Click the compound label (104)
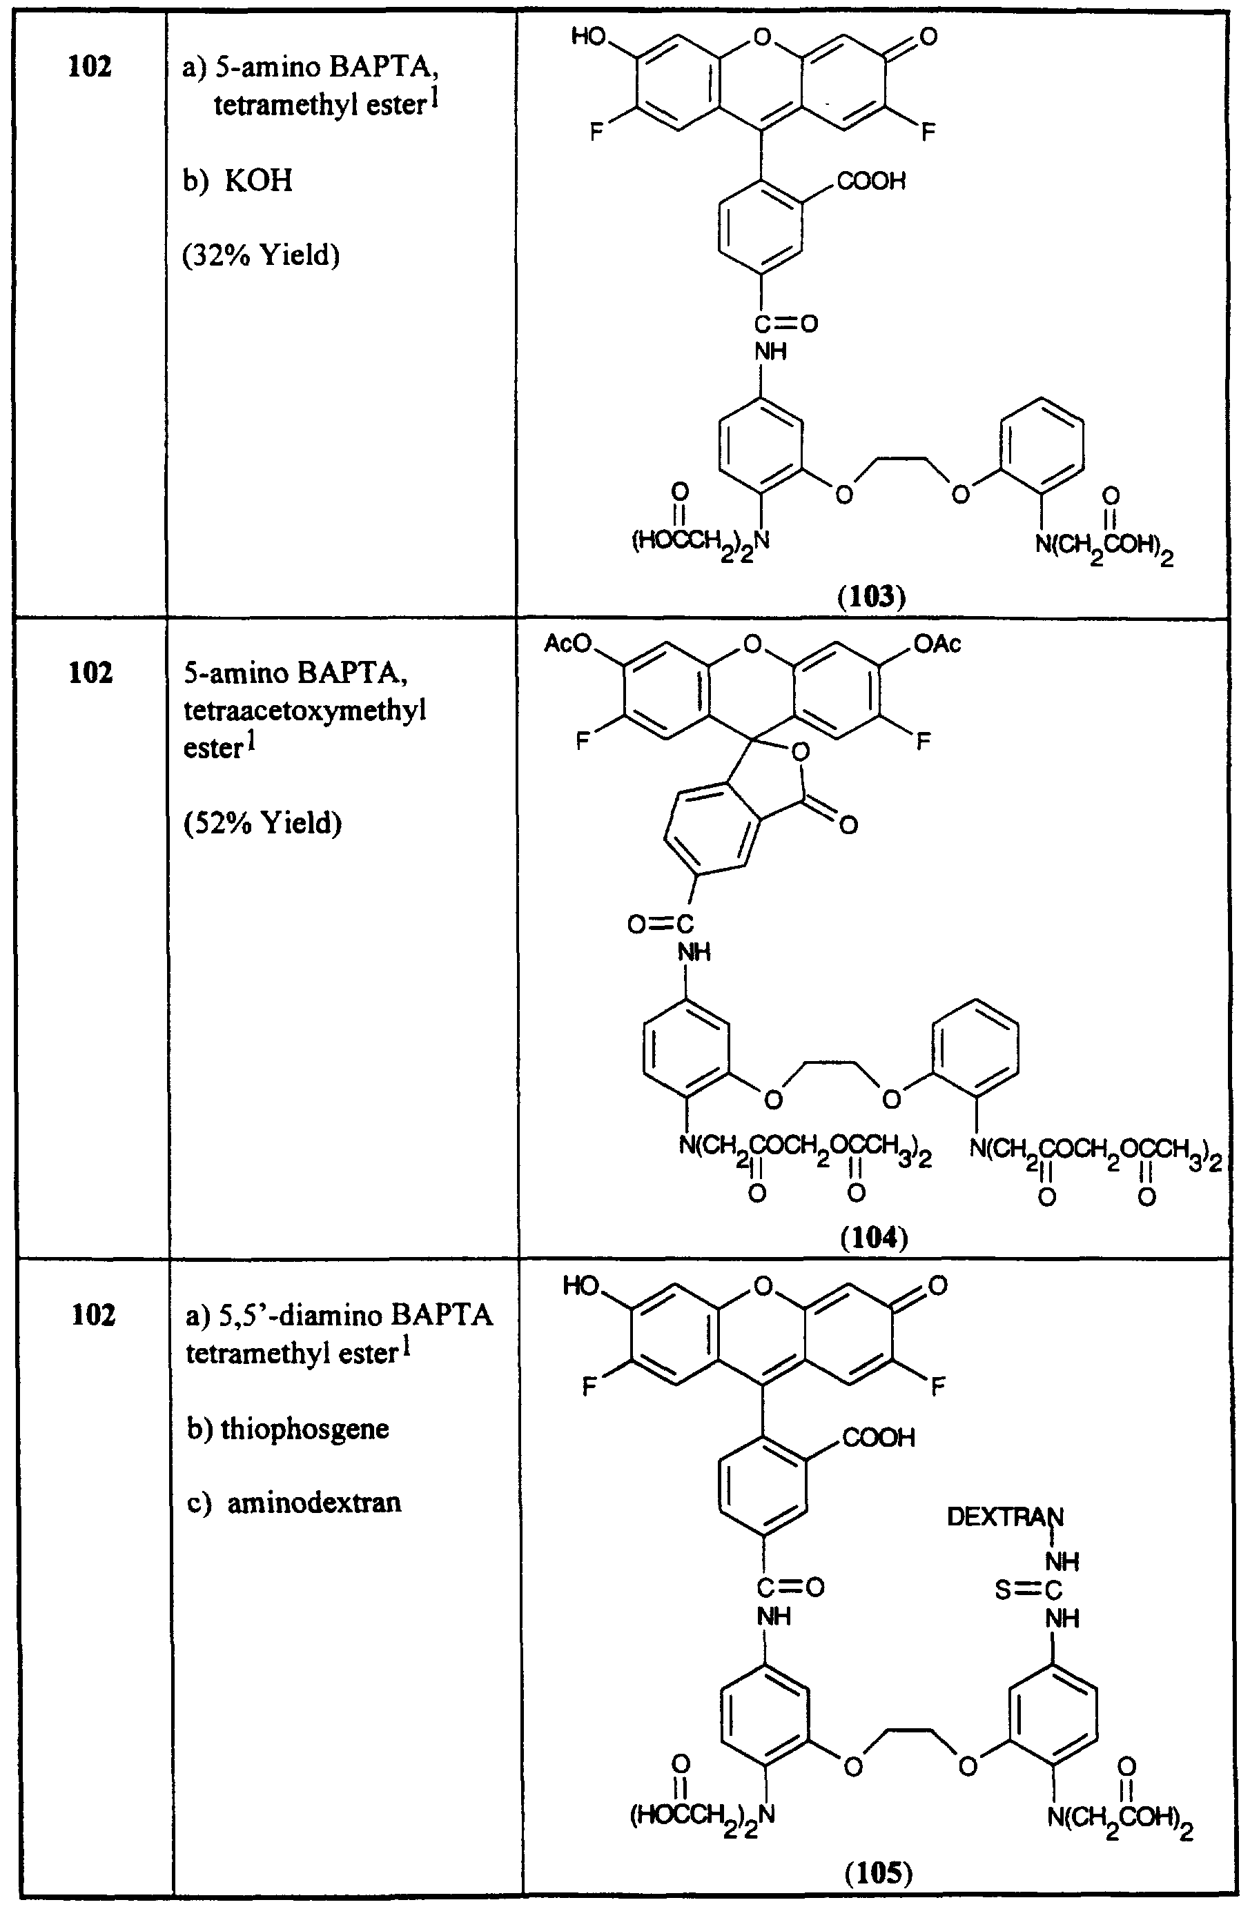pos(874,1238)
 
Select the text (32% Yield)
pos(262,255)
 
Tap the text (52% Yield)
pos(262,823)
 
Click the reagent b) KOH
pos(237,181)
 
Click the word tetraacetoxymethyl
pos(304,710)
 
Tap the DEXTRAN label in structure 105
pos(1004,1516)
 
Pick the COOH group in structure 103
pos(870,181)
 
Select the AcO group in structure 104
pos(567,643)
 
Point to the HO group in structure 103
pos(589,37)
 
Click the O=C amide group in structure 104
pos(661,924)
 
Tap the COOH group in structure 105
pos(879,1436)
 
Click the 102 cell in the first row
pos(90,66)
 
